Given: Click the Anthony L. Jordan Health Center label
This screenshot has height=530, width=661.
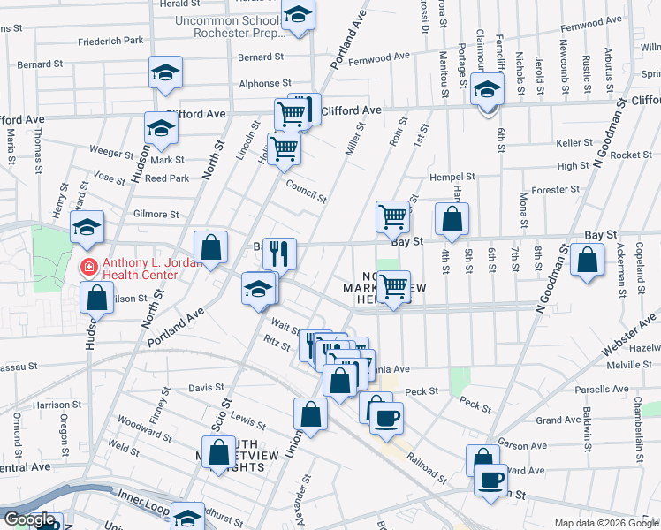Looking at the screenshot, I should tap(140, 268).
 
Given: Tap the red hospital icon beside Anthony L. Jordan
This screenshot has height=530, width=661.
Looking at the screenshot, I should tap(88, 266).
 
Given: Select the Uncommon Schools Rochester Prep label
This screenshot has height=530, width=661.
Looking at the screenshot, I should tap(232, 26).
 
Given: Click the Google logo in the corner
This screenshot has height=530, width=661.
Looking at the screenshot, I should tap(28, 519).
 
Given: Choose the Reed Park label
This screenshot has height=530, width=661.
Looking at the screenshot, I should tap(167, 178).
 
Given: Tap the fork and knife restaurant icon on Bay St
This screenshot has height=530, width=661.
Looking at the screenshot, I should tap(279, 254).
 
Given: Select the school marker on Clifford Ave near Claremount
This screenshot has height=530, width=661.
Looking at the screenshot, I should tap(487, 89).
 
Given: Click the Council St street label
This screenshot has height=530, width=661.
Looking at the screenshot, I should tap(306, 190).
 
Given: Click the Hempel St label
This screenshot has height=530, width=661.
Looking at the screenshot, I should tap(452, 178).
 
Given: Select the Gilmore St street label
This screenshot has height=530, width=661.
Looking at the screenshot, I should tap(156, 214).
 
